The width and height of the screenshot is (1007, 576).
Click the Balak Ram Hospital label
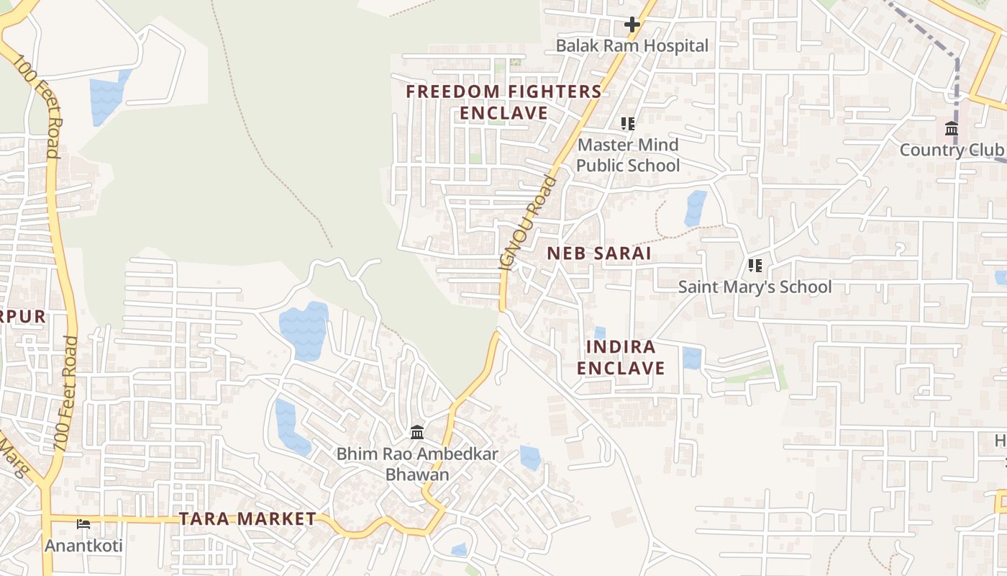tap(632, 46)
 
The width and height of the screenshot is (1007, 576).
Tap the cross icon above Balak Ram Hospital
tap(632, 24)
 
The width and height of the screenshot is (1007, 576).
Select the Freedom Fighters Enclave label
tap(503, 102)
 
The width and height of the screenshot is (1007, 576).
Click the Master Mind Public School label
tap(628, 155)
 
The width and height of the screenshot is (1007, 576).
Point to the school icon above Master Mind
tap(628, 124)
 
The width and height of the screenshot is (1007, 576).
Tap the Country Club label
tap(951, 150)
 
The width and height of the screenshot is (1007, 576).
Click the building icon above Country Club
tap(952, 130)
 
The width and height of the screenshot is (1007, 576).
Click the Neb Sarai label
tap(598, 253)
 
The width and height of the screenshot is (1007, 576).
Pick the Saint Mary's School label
tap(755, 287)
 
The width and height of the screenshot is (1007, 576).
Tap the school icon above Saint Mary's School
tap(755, 266)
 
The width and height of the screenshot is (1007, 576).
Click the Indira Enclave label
tap(621, 357)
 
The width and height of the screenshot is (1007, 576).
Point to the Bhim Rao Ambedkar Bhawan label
tap(417, 464)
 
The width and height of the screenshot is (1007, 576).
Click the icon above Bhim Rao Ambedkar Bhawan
tap(417, 433)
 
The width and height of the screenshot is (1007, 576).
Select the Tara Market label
tap(247, 518)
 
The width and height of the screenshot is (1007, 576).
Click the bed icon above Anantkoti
tap(83, 524)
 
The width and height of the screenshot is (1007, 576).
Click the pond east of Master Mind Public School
tap(696, 208)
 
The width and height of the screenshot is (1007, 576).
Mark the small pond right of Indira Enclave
tap(692, 358)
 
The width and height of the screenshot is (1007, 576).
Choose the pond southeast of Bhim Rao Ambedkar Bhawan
tap(530, 458)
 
